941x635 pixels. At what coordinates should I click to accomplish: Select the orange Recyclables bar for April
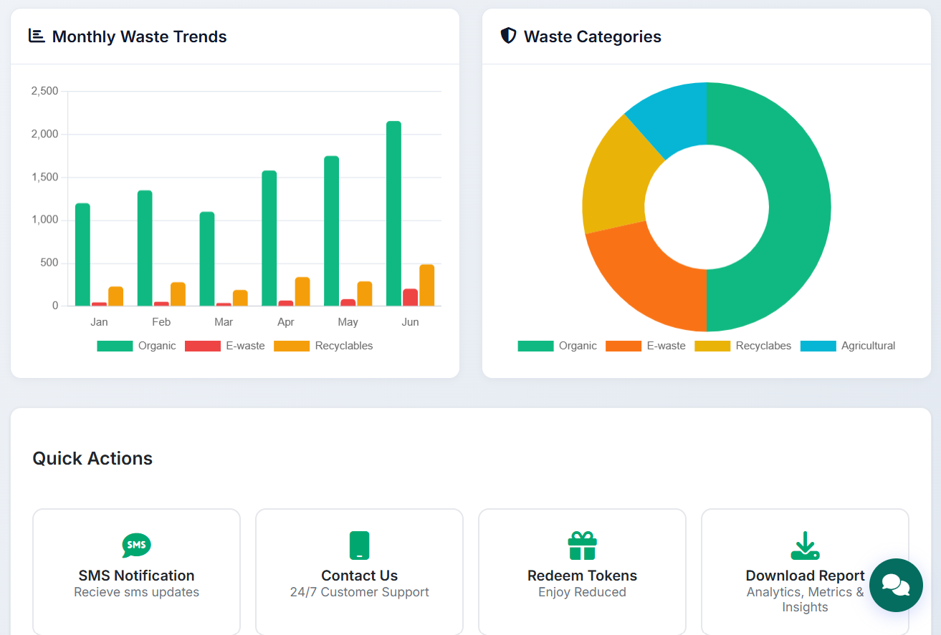[302, 292]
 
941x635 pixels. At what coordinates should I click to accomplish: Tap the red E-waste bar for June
[410, 297]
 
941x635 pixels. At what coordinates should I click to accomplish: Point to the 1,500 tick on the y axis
[45, 178]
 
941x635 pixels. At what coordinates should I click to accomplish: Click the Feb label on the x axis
[161, 322]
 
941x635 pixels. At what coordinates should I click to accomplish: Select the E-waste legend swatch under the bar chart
[203, 346]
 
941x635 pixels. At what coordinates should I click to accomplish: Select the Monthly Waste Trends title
[139, 37]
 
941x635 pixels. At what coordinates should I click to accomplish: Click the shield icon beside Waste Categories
[508, 36]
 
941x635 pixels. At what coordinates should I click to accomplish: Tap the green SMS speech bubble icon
[136, 546]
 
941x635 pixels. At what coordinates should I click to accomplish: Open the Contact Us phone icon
[359, 546]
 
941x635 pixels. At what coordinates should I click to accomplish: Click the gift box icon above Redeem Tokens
[582, 546]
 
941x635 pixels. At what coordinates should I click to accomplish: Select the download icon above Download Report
[805, 546]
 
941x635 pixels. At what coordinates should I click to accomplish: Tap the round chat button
[896, 585]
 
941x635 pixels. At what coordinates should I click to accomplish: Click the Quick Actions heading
[92, 458]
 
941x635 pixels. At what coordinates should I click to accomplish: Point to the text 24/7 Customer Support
[359, 592]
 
